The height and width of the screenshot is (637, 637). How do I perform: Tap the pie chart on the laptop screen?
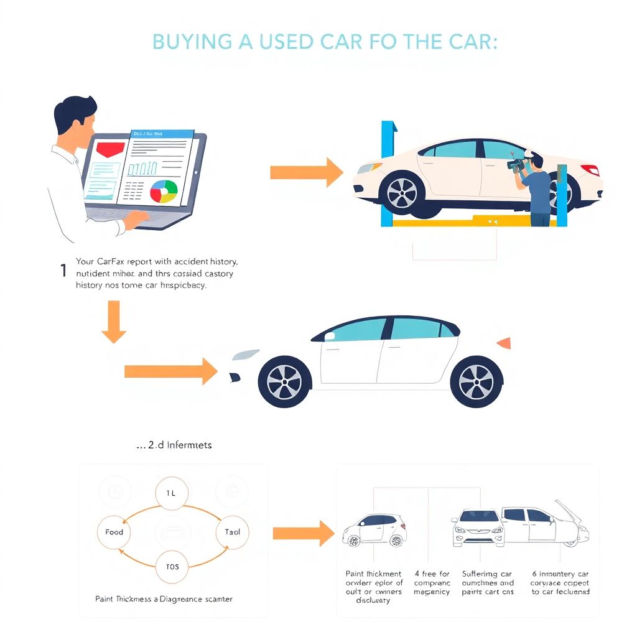pyautogui.click(x=164, y=191)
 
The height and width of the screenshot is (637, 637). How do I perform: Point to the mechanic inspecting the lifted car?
pyautogui.click(x=535, y=187)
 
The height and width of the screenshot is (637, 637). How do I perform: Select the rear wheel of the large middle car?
pyautogui.click(x=476, y=381)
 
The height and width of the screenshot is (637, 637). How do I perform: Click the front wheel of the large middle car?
pyautogui.click(x=284, y=381)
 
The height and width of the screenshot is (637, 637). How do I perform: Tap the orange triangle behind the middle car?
pyautogui.click(x=504, y=343)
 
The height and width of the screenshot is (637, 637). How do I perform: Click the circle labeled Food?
pyautogui.click(x=114, y=532)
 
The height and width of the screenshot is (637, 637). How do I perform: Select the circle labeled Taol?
pyautogui.click(x=232, y=532)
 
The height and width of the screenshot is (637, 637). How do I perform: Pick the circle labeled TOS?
pyautogui.click(x=172, y=567)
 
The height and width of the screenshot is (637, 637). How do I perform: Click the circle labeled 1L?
pyautogui.click(x=171, y=493)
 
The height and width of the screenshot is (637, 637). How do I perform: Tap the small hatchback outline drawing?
pyautogui.click(x=374, y=531)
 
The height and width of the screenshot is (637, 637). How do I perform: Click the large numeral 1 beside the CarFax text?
pyautogui.click(x=63, y=271)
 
